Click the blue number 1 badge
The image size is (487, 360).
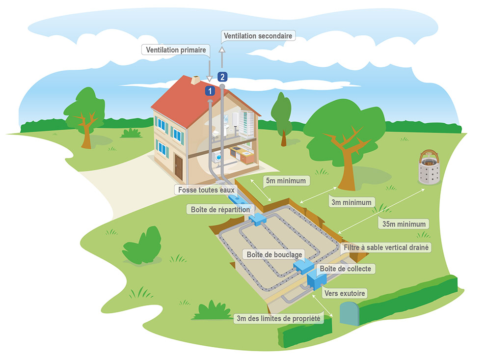click(210, 91)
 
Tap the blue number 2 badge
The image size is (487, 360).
click(222, 77)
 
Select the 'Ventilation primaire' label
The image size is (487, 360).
click(176, 50)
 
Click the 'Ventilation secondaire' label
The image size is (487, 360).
click(258, 36)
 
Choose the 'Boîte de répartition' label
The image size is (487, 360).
click(220, 209)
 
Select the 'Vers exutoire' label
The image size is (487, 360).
click(345, 293)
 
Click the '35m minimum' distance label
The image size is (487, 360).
click(404, 224)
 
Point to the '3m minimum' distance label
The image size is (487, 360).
click(352, 202)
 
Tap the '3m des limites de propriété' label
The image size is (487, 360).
click(278, 319)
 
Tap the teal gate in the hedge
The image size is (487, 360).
click(349, 313)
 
